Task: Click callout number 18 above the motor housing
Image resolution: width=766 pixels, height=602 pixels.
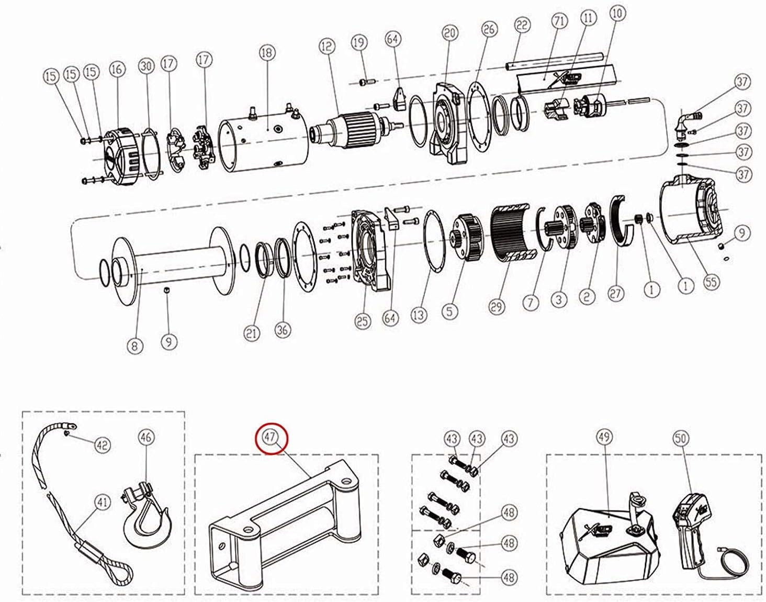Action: (267, 53)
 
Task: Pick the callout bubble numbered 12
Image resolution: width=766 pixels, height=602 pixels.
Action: (327, 47)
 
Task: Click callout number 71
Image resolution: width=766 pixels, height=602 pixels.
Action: (559, 22)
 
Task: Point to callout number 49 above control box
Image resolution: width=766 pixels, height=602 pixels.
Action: (604, 437)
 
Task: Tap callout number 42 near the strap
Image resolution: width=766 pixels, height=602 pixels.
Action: (102, 445)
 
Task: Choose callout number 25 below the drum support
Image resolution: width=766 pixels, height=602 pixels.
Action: (363, 320)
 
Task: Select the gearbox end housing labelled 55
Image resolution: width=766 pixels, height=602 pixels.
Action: (691, 212)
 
